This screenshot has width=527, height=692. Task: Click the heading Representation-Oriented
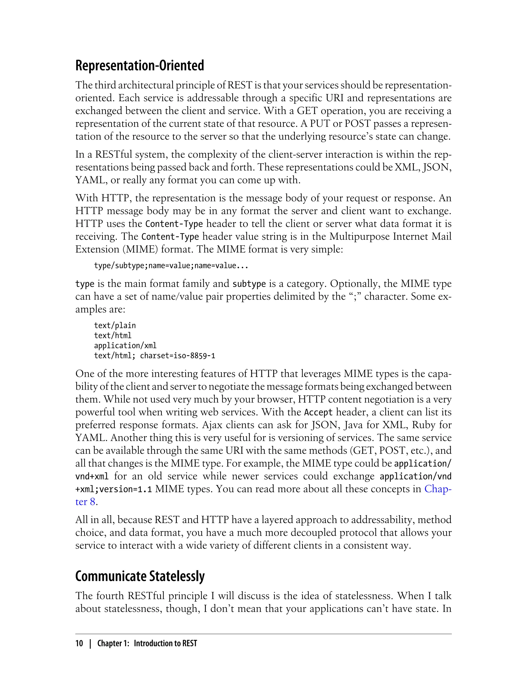pos(139,66)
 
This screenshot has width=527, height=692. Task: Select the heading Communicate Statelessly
pos(140,576)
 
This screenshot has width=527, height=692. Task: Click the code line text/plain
pos(115,325)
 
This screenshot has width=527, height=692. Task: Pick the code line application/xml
pos(125,345)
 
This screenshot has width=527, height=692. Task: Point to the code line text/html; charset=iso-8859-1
pos(154,356)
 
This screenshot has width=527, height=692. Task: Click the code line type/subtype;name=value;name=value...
pos(171,266)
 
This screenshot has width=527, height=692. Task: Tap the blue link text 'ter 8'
pos(85,502)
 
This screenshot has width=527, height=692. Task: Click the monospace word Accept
pos(318,412)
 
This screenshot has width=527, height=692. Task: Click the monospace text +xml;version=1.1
pos(113,489)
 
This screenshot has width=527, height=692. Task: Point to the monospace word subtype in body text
pos(249,284)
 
